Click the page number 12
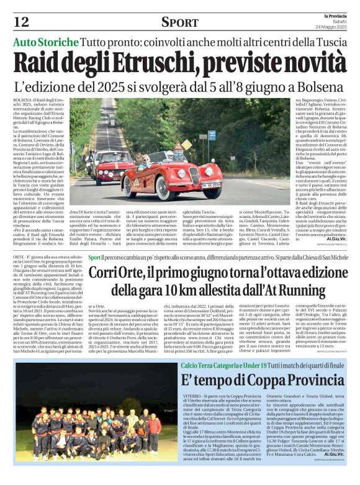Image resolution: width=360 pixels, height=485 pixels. point(21,22)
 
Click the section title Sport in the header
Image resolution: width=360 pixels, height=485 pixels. point(180,22)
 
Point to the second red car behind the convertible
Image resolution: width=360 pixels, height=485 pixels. point(109,163)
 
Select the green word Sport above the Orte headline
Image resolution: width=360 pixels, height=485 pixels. point(94,257)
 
